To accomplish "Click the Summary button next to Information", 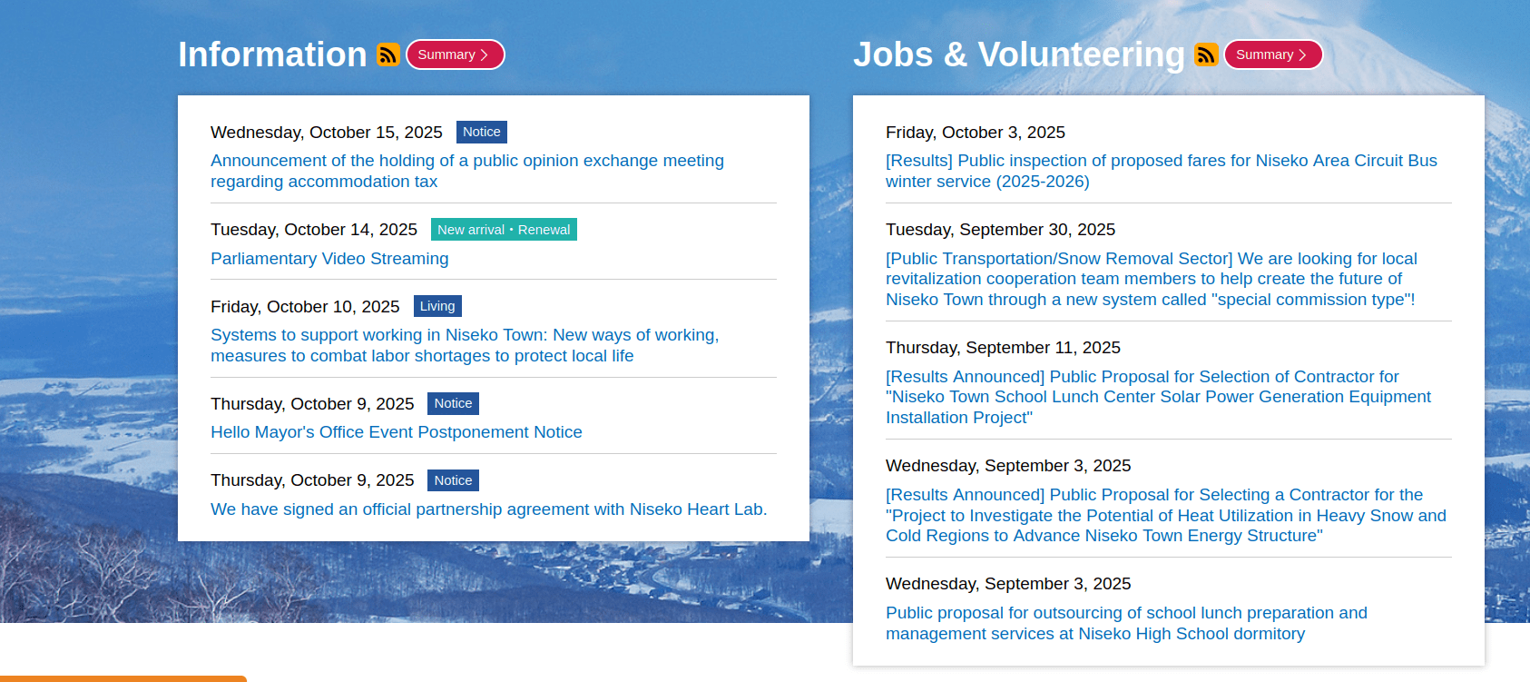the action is click(x=455, y=54).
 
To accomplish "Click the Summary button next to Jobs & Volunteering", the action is click(x=1273, y=54).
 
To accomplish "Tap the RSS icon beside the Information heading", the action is click(x=388, y=54).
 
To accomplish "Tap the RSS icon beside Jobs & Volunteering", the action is click(x=1206, y=54).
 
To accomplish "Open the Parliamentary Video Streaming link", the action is click(x=329, y=259).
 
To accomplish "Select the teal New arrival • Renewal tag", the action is click(x=504, y=230).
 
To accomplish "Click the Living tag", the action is click(x=437, y=306).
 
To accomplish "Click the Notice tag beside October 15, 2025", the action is click(x=482, y=132).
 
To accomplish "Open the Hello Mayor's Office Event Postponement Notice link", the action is click(x=397, y=432).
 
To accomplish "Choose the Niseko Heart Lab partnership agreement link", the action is click(x=489, y=509).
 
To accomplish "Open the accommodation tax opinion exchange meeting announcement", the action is click(x=467, y=171).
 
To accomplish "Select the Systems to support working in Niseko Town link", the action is click(x=465, y=345).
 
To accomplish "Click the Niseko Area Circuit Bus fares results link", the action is click(x=1162, y=171).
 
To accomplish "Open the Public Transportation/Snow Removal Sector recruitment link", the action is click(x=1152, y=279).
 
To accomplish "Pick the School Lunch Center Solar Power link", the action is click(x=1159, y=397).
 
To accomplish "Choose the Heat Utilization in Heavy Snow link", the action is click(x=1166, y=515).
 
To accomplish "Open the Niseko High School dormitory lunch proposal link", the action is click(x=1126, y=623).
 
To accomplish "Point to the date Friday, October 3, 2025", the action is click(x=976, y=133).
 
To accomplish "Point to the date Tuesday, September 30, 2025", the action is click(x=1001, y=230).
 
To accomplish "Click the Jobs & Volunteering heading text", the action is click(x=1019, y=54).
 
